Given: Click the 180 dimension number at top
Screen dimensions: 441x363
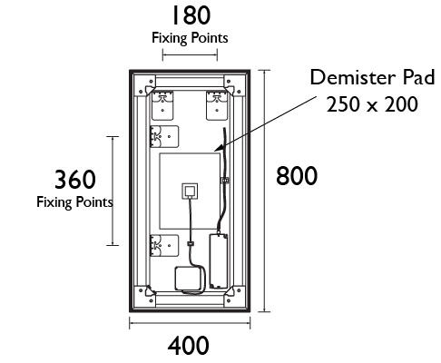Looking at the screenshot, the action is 191,15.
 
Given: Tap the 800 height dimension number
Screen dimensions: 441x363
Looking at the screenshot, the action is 297,176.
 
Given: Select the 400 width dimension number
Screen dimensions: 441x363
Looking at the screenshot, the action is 188,346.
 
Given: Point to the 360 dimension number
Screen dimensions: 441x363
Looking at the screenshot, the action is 75,180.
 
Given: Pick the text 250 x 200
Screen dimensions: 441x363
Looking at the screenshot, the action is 372,104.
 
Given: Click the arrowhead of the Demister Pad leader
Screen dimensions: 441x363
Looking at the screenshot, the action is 218,148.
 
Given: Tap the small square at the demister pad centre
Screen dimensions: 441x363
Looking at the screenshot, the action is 190,191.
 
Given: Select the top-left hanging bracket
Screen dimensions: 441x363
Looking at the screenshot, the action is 162,105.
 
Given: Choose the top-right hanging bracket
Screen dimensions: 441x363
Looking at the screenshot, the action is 217,105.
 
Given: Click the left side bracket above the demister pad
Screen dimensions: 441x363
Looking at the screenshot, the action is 164,136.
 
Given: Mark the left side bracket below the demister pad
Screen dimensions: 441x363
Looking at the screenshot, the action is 164,246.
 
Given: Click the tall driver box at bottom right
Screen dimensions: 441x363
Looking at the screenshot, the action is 219,261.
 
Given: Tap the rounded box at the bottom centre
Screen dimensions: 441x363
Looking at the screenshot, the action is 188,279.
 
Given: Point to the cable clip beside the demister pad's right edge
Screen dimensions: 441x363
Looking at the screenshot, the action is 225,181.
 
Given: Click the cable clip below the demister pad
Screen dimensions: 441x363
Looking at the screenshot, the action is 191,243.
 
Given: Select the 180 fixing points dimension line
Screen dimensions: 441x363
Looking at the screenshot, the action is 190,55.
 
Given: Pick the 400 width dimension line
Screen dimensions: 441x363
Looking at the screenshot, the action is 190,322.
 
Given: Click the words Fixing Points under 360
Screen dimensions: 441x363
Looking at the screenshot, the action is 74,202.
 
